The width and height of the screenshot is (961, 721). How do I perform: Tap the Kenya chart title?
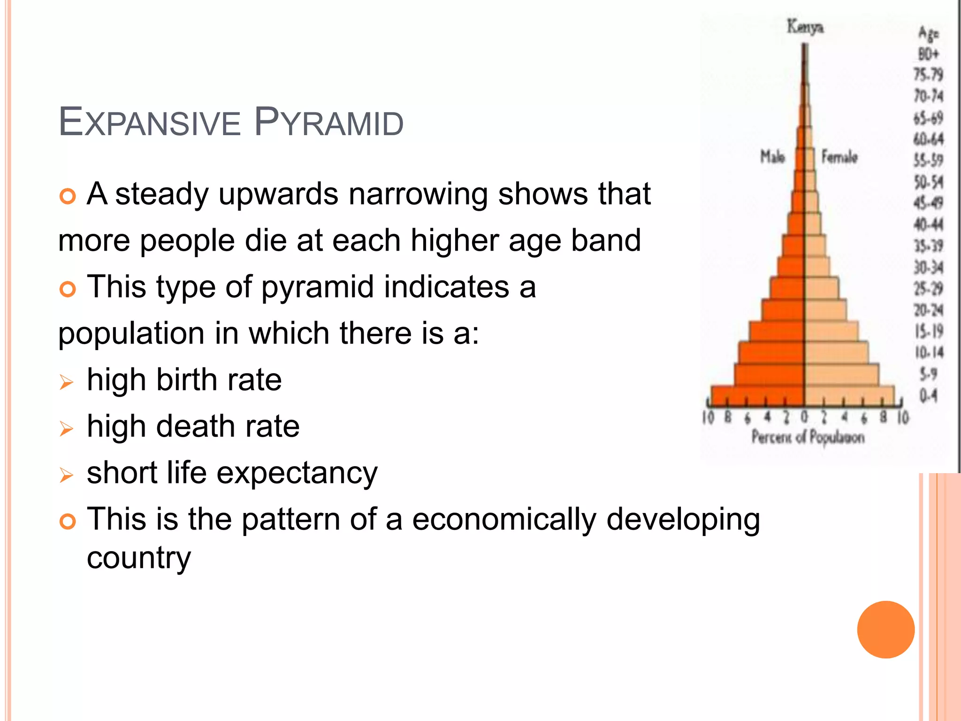point(805,27)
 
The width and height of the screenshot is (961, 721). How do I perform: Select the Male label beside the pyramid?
point(772,157)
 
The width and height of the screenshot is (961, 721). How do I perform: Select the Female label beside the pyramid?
point(839,157)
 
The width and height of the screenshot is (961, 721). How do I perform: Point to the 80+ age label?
point(928,54)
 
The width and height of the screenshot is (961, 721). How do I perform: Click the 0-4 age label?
point(928,396)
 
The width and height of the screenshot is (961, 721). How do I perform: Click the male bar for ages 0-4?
point(757,396)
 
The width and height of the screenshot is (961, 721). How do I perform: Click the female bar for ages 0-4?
point(849,396)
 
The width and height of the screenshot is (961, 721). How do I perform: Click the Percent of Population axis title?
point(808,437)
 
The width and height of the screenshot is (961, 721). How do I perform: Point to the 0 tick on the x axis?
point(804,417)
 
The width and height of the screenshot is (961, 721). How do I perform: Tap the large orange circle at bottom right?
point(885,629)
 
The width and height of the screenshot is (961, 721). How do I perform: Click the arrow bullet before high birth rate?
point(67,382)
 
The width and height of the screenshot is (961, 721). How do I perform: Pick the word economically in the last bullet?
point(504,520)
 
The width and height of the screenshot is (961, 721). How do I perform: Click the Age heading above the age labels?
point(928,33)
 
